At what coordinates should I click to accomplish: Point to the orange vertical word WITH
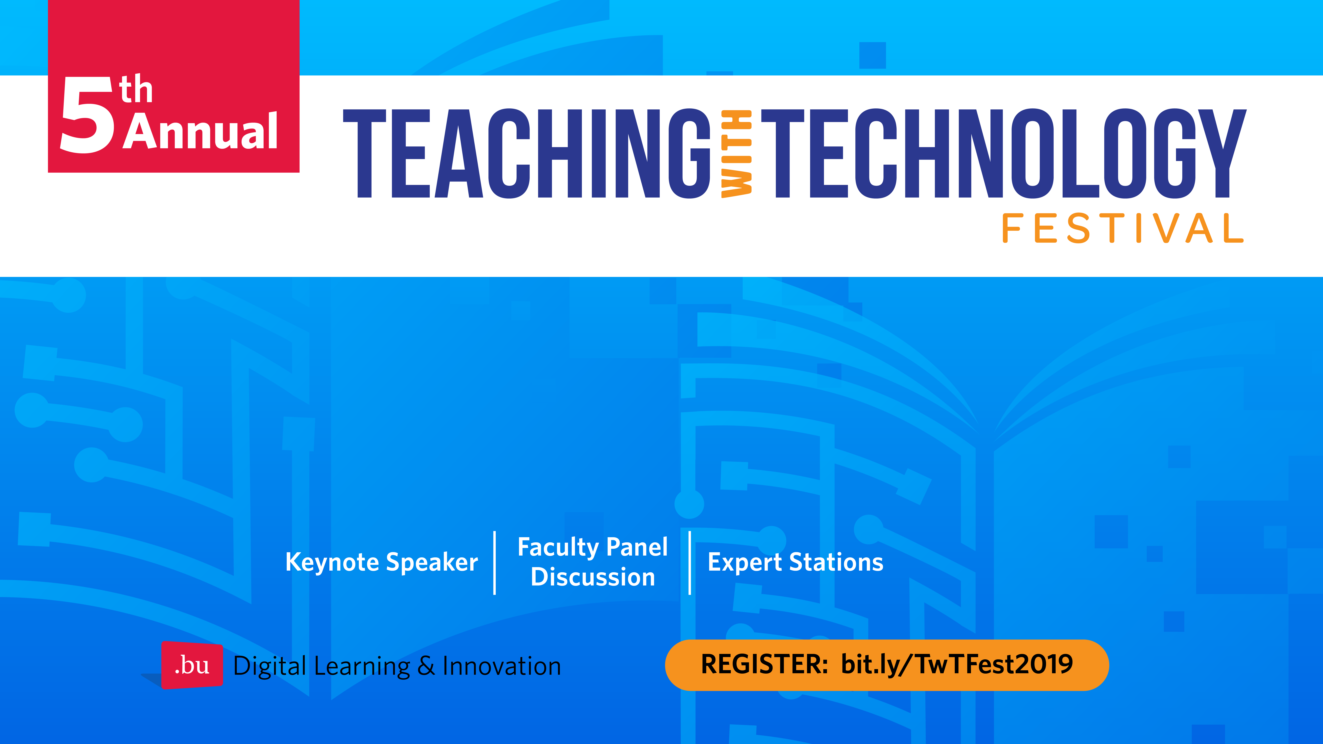(736, 154)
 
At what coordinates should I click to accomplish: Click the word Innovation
(502, 666)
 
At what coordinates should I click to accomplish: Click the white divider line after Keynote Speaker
(495, 563)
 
